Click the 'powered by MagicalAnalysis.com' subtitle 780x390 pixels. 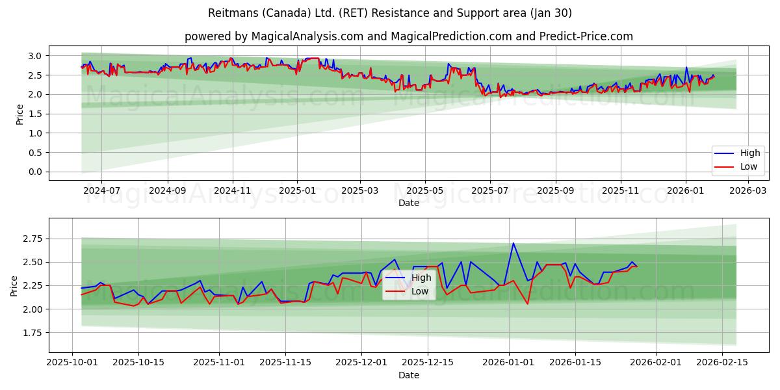pyautogui.click(x=408, y=36)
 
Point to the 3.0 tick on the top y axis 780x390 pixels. pyautogui.click(x=36, y=56)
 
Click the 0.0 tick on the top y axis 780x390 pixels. pyautogui.click(x=36, y=172)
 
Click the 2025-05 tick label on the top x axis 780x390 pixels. pyautogui.click(x=425, y=191)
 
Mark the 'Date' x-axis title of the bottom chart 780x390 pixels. pyautogui.click(x=408, y=376)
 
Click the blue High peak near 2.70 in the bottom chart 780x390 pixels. pyautogui.click(x=513, y=243)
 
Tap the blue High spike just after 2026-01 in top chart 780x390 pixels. pyautogui.click(x=686, y=67)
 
